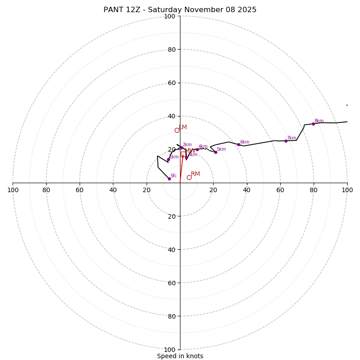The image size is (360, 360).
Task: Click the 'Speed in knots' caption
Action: tap(180, 356)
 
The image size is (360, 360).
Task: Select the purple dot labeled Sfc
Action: tap(169, 179)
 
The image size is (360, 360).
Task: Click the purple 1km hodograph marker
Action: tap(168, 159)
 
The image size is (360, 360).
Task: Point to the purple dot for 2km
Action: tap(181, 148)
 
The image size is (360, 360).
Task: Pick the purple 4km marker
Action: tap(197, 149)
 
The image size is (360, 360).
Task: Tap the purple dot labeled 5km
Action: tap(216, 152)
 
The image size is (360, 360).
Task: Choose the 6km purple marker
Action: tap(238, 144)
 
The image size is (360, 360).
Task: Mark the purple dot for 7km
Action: tap(286, 141)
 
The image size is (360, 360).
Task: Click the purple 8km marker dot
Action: tap(313, 124)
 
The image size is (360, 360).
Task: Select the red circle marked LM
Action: tap(177, 130)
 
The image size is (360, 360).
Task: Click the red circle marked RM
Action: tap(189, 177)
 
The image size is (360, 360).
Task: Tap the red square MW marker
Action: tap(183, 154)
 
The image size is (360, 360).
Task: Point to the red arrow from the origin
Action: tap(181, 169)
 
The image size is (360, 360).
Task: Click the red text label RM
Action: tap(195, 174)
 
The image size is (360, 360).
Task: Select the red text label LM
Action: tap(183, 127)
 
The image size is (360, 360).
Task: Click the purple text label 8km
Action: tap(319, 121)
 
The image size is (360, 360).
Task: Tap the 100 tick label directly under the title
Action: tap(170, 16)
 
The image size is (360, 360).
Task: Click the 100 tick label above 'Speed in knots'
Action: tap(170, 349)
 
